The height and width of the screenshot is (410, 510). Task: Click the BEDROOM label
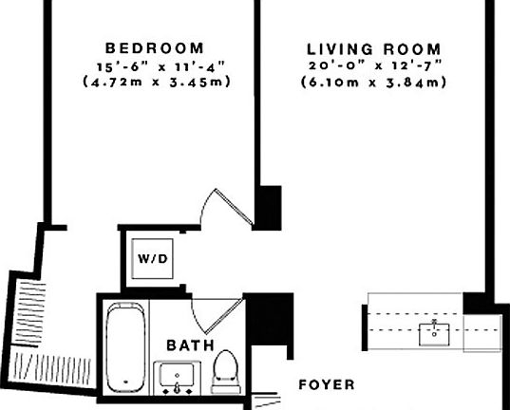click(155, 47)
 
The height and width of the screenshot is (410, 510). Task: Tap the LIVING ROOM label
click(374, 48)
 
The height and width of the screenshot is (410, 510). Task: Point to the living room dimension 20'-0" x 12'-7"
click(374, 65)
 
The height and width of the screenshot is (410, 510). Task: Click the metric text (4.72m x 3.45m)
click(155, 82)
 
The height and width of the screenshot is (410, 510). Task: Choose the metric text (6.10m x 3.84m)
click(374, 83)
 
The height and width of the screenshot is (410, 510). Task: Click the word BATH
click(190, 345)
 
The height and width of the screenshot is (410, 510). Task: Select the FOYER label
click(326, 385)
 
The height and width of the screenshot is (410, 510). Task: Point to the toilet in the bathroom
click(225, 371)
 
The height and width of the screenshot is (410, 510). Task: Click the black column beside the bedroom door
click(271, 205)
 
